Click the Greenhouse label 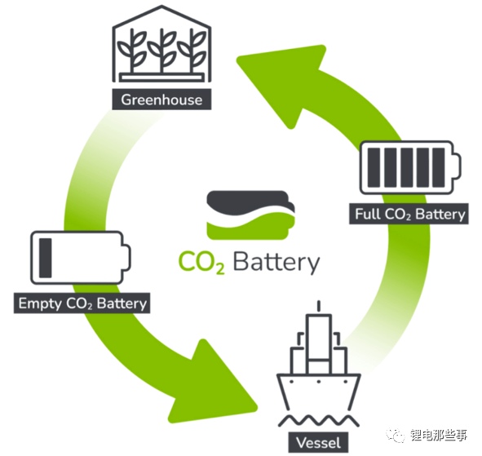(x=161, y=100)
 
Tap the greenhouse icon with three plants (x=161, y=44)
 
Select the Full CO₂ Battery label (x=409, y=214)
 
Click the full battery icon (x=410, y=167)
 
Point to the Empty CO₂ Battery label (x=82, y=303)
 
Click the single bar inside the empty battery (x=46, y=258)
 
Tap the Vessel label (x=318, y=443)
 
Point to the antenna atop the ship (x=319, y=306)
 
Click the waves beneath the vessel (x=318, y=421)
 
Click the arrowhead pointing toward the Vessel (x=215, y=384)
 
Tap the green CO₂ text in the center (x=201, y=262)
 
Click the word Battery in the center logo (x=276, y=263)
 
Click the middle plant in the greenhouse (x=161, y=51)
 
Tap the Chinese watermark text (x=439, y=436)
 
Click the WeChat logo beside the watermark (x=396, y=436)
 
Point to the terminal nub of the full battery (x=458, y=167)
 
